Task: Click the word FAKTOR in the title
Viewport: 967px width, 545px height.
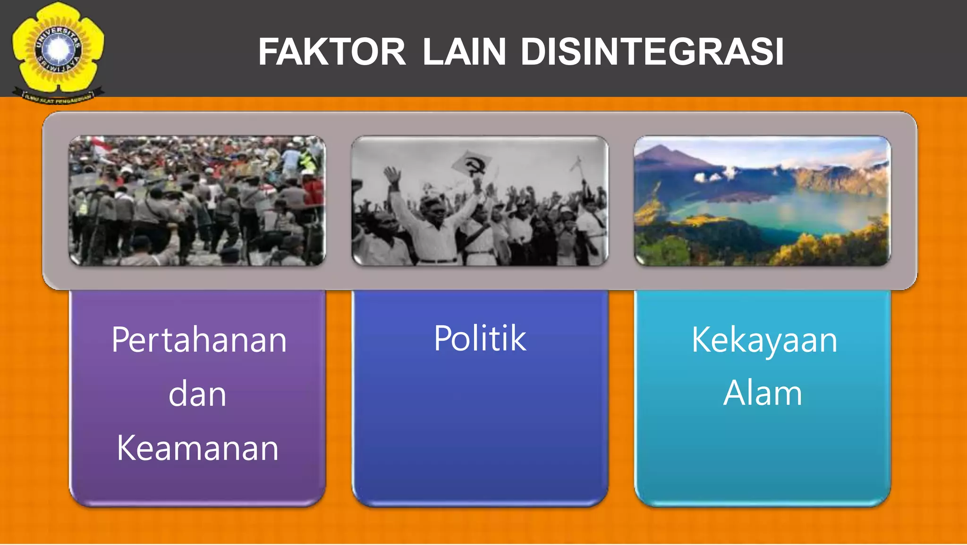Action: pyautogui.click(x=331, y=52)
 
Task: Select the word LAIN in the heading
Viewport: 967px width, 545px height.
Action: pyautogui.click(x=464, y=52)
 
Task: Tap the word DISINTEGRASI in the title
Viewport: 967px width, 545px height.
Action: pyautogui.click(x=652, y=52)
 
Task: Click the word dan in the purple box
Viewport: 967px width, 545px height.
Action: pyautogui.click(x=197, y=394)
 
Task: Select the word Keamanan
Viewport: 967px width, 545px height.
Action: pyautogui.click(x=197, y=448)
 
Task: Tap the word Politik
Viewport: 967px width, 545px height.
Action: pyautogui.click(x=480, y=338)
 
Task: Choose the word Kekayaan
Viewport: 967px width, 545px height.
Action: pyautogui.click(x=764, y=340)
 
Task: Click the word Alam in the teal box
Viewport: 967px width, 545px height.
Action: pyautogui.click(x=763, y=393)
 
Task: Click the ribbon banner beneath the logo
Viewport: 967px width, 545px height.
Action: pyautogui.click(x=58, y=97)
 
